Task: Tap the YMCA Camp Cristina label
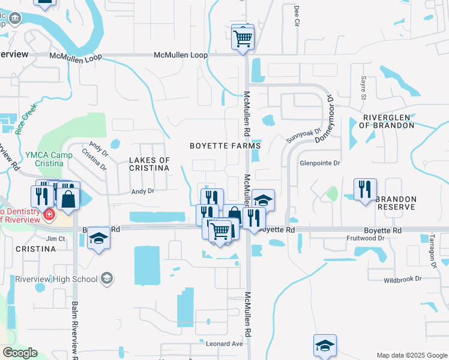point(40,159)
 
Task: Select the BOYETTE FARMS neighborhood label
point(225,146)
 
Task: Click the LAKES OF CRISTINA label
point(150,164)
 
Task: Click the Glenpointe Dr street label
point(320,163)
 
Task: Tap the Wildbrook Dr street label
point(403,279)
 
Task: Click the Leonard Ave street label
point(224,344)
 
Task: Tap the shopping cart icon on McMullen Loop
point(243,38)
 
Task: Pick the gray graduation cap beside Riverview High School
point(106,277)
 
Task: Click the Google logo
point(20,353)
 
